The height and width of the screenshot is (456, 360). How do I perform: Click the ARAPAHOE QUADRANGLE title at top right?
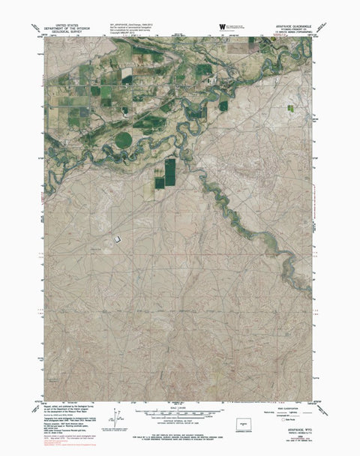[x=292, y=22]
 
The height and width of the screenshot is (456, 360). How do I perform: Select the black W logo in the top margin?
[x=222, y=27]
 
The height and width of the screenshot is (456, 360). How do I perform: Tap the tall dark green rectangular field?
[x=169, y=171]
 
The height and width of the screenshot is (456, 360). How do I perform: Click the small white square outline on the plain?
[x=117, y=238]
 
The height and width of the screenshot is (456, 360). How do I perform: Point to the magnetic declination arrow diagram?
[x=115, y=415]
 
